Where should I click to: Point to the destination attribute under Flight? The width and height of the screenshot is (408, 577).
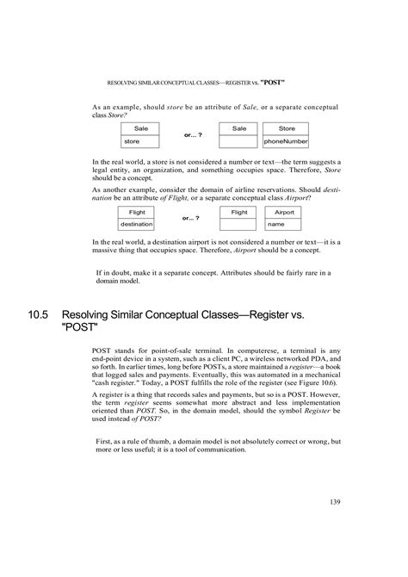pyautogui.click(x=137, y=224)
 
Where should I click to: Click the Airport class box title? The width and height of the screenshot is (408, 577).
pyautogui.click(x=285, y=211)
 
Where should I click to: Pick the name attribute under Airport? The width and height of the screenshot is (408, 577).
pyautogui.click(x=276, y=224)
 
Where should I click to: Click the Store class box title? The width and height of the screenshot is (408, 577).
pyautogui.click(x=286, y=127)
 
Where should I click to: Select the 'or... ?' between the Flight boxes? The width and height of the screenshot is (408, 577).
pyautogui.click(x=190, y=219)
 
